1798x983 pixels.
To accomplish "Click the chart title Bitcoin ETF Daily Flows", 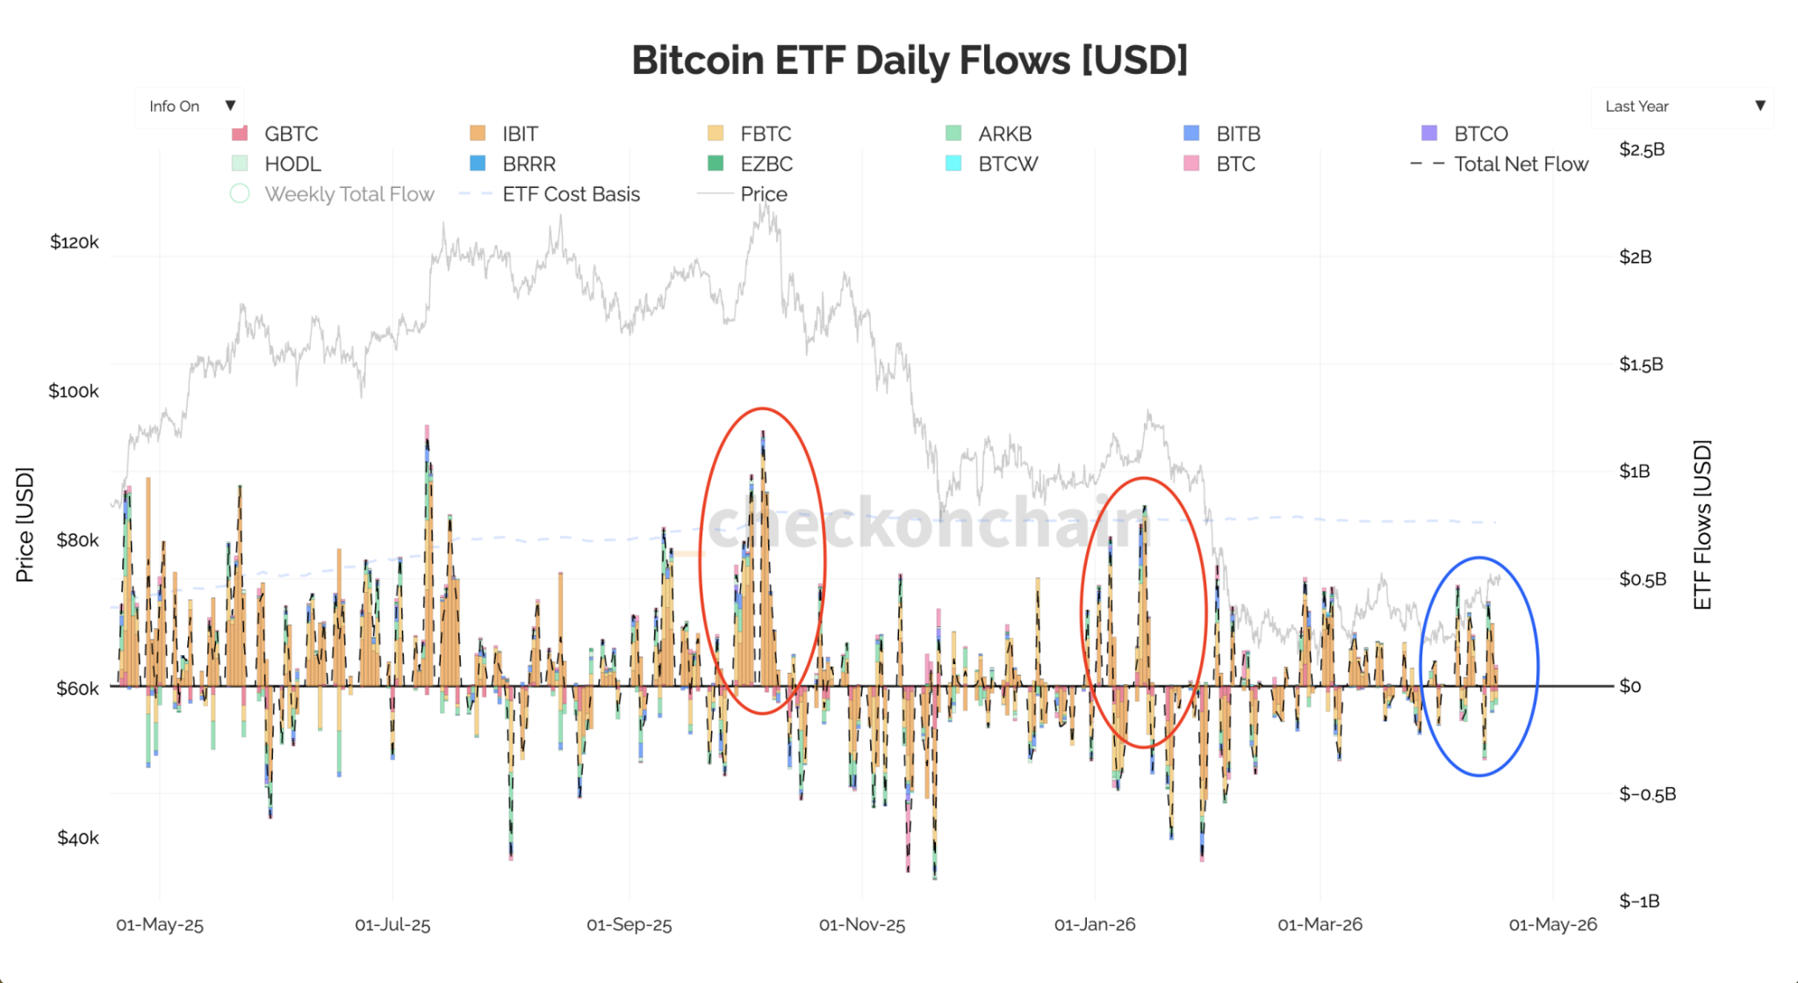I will [909, 61].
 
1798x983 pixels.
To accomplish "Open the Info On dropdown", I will [190, 106].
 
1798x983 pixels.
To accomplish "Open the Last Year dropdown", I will [1682, 106].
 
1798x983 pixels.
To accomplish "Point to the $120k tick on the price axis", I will [74, 242].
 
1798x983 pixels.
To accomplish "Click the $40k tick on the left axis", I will [77, 838].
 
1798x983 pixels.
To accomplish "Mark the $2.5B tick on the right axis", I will [1642, 149].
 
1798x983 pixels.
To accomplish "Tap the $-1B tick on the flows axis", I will [1639, 901].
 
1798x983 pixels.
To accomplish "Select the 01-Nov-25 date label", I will [861, 925].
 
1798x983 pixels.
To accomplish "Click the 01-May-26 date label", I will [1552, 925].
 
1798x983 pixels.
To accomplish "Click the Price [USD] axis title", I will [25, 524].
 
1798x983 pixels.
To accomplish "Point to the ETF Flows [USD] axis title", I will [1702, 524].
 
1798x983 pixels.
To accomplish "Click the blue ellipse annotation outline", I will [1421, 666].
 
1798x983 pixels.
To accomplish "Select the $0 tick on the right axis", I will [1629, 686].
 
